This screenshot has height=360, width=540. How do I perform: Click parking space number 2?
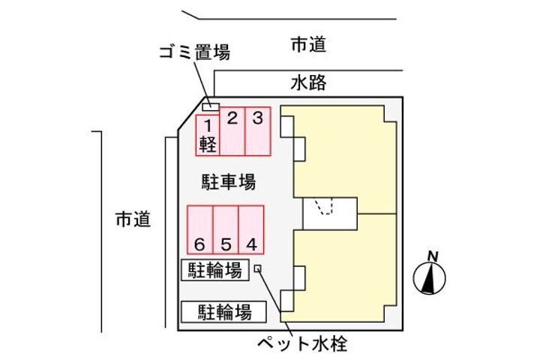(x=232, y=131)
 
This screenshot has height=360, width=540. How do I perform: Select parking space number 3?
(x=258, y=131)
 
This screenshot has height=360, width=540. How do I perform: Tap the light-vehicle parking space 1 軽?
(x=208, y=136)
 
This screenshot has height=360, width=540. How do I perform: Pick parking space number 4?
(x=251, y=229)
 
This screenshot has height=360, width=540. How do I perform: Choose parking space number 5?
(x=226, y=229)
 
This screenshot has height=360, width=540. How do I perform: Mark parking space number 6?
(x=200, y=229)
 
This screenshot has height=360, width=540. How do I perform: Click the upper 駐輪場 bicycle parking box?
(x=215, y=270)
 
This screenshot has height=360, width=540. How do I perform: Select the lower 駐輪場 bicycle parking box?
(x=223, y=312)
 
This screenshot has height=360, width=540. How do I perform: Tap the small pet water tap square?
(x=257, y=268)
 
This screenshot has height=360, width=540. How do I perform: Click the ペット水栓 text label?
(x=303, y=343)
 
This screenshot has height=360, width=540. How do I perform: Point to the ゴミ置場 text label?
(x=194, y=52)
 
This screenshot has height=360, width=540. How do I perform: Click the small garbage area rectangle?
(x=211, y=107)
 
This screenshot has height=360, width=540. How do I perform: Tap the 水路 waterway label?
(x=308, y=82)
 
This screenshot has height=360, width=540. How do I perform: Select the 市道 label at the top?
(x=308, y=45)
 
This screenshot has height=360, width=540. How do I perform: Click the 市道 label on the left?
(x=133, y=220)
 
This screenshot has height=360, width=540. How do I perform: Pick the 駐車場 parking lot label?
(x=229, y=182)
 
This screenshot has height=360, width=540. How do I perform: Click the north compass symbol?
(x=430, y=278)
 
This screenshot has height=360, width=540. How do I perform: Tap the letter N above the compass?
(x=433, y=256)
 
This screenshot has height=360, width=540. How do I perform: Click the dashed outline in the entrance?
(x=324, y=206)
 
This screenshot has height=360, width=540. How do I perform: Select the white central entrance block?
(x=330, y=214)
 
